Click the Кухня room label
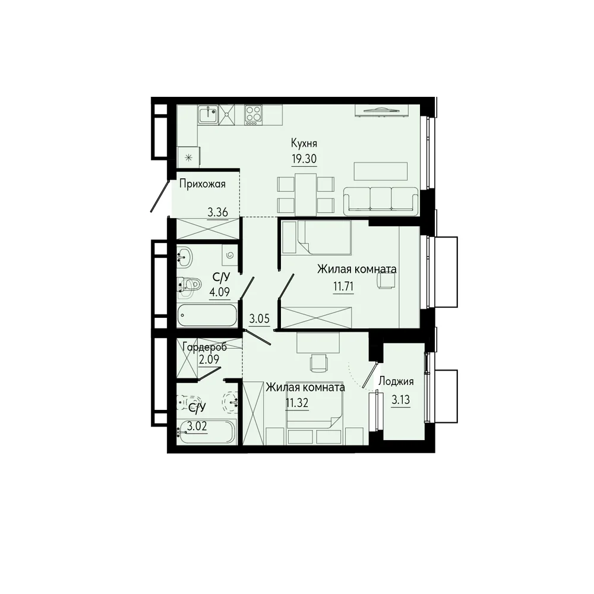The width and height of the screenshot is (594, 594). pos(304,144)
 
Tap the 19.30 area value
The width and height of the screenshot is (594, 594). pos(304,159)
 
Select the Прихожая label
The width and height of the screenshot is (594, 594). pos(203,185)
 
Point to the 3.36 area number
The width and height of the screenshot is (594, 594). pos(217,212)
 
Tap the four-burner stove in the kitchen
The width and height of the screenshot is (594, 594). pos(254,114)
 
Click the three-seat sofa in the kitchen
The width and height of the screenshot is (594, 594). pos(381,201)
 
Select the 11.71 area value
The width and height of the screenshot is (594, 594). pos(343,287)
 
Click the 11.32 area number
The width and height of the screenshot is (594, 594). pos(297,403)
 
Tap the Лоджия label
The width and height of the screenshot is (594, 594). pos(396,382)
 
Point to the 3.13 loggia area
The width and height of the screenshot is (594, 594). pos(400,400)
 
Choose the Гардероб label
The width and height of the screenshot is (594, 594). pos(204,347)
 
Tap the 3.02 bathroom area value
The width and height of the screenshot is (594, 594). pos(197,426)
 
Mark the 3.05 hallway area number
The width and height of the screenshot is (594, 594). pos(260,319)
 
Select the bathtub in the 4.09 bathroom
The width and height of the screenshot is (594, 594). pos(207,315)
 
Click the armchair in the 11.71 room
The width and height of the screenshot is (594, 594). pos(386,281)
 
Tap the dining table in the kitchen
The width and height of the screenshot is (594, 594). pos(306,194)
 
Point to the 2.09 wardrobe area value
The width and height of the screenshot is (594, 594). pos(209,359)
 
